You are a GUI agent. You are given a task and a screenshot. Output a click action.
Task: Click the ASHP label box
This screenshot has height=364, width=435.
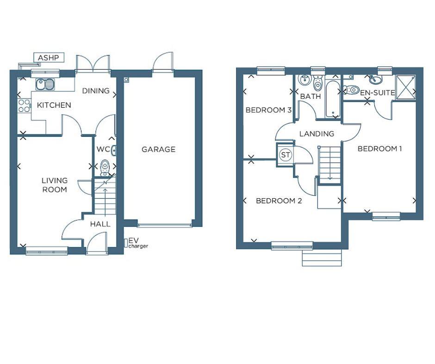coord(49,58)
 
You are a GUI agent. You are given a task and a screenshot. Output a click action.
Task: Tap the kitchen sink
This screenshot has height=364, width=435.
coord(46,85)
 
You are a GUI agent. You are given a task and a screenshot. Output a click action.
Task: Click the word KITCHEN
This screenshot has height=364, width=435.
coord(54,105)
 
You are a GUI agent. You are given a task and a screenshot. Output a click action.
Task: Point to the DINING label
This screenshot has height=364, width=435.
coord(96,91)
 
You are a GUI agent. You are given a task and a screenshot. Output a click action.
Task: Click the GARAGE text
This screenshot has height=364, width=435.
coord(159,149)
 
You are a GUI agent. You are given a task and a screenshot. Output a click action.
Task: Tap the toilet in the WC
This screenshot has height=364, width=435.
coord(105,167)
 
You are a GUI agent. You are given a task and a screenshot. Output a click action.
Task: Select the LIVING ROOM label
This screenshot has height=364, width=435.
coord(55,185)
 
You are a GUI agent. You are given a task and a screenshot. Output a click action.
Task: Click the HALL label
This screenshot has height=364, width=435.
coord(100,224)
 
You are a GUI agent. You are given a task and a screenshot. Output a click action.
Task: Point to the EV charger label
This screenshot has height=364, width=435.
coord(137,243)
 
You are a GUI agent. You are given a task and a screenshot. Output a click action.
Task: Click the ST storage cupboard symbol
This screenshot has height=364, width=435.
coord(286,155)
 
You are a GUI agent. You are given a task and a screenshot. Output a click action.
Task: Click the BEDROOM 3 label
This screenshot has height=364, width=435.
coord(268,110)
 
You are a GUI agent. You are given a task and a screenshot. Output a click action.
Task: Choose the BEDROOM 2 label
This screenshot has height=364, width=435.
coord(279,201)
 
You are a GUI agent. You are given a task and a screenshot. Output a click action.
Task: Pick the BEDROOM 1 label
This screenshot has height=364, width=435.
coord(379,149)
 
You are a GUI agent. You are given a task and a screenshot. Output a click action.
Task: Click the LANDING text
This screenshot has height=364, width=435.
coord(317,134)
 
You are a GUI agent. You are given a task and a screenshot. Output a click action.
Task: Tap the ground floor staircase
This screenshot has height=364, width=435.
coord(105,196)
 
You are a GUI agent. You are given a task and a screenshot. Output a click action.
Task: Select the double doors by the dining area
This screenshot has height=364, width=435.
coord(93,64)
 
